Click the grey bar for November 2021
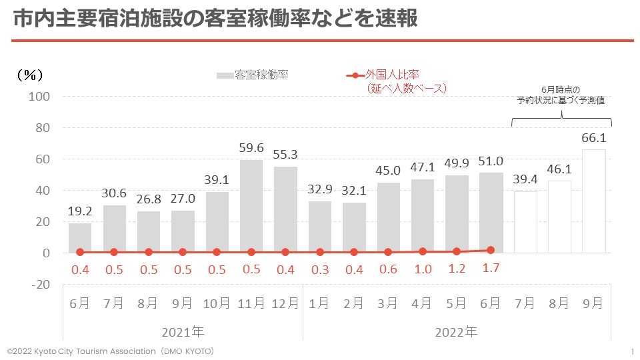[251, 207]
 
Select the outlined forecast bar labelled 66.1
[593, 201]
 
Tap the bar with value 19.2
[80, 238]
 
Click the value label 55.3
[285, 154]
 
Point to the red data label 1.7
[491, 270]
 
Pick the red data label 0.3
[320, 270]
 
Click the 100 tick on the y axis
[40, 97]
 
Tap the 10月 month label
[217, 303]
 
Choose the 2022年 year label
[457, 331]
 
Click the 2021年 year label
[183, 331]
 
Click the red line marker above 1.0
[422, 251]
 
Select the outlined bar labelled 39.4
[525, 222]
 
